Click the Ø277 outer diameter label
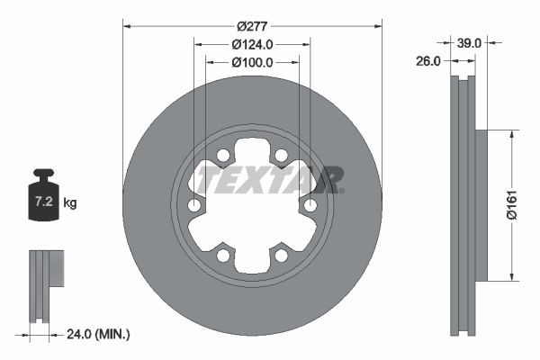(x=252, y=15)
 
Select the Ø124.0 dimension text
(x=252, y=44)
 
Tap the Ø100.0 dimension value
(x=252, y=62)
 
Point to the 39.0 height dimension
(x=469, y=41)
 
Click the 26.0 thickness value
(x=428, y=62)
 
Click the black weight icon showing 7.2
(x=44, y=192)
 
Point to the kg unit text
(x=70, y=203)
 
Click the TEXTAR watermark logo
(x=269, y=180)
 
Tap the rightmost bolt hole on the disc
(x=310, y=206)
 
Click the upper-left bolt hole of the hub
(x=223, y=156)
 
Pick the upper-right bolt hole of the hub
(x=281, y=156)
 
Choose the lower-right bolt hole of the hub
(x=281, y=256)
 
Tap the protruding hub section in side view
(x=480, y=204)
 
